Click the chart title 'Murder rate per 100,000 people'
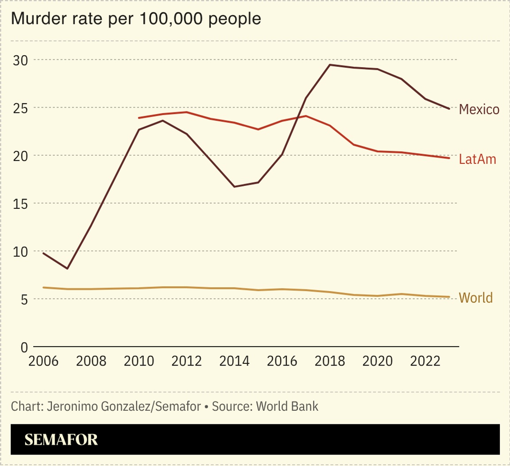135,19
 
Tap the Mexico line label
479,109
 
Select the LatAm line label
477,159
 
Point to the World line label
475,298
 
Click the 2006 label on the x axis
43,361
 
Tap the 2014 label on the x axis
234,361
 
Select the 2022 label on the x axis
425,361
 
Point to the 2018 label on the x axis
330,361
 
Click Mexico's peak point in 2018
330,65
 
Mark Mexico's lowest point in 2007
67,269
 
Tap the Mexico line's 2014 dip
234,187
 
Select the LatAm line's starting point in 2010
139,118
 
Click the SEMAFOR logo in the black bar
61,439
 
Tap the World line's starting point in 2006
43,288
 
